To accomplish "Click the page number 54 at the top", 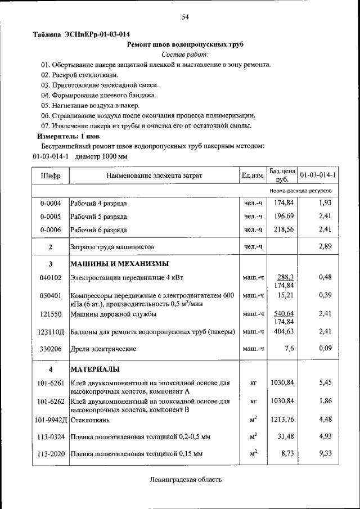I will coord(184,17).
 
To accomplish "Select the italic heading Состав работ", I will coord(184,54).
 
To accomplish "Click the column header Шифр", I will coord(51,175).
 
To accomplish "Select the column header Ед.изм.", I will coord(253,175).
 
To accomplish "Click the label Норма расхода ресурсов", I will coord(300,191).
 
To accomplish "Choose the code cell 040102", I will coord(51,277).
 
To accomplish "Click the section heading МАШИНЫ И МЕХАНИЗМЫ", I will coord(119,264).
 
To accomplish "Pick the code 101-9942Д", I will coord(51,420).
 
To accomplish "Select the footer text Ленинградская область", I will coord(186,480).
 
